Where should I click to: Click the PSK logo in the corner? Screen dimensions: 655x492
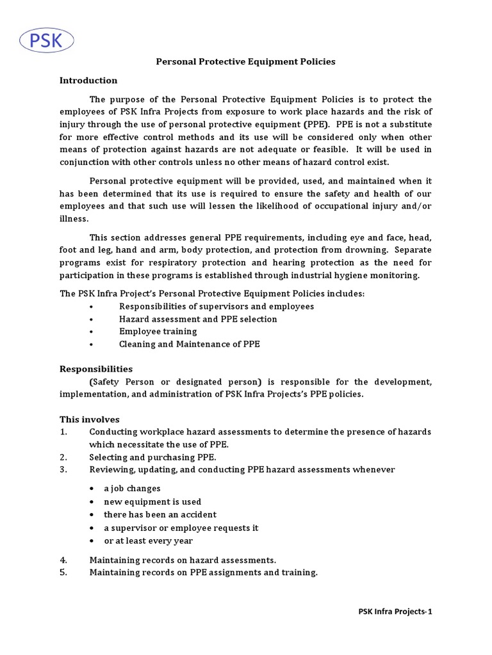[x=45, y=42]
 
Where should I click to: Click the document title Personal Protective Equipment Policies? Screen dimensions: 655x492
[x=246, y=62]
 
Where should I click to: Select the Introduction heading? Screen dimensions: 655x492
[x=88, y=81]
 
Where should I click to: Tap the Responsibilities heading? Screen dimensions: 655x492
[x=96, y=369]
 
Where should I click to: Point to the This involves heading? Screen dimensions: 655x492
[x=90, y=420]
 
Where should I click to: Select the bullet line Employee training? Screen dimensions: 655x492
[x=158, y=331]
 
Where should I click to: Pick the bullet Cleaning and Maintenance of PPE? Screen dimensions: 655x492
[x=189, y=344]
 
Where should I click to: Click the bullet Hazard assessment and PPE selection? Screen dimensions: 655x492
[x=198, y=319]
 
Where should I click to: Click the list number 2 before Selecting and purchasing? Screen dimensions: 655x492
[x=63, y=457]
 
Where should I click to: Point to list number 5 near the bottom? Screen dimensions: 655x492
[x=63, y=572]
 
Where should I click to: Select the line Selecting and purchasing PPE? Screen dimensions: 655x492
[x=152, y=457]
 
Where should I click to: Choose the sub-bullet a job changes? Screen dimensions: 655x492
[x=132, y=489]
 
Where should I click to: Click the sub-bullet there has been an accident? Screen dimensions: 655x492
[x=160, y=514]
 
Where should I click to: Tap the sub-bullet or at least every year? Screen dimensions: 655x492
[x=148, y=541]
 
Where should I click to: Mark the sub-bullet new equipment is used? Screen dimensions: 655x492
[x=152, y=501]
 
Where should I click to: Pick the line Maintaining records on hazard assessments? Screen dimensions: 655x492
[x=183, y=560]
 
